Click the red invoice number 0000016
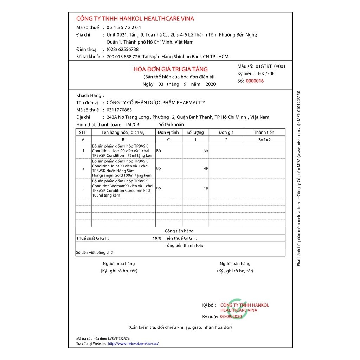coord(255,81)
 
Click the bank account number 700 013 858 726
coord(123,57)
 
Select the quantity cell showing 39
coord(206,151)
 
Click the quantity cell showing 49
coord(206,168)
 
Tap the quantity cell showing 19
coord(206,188)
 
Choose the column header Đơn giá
coord(226,132)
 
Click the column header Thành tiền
coord(264,132)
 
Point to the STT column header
coord(83,132)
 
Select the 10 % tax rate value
coord(157,238)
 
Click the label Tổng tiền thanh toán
coord(184,245)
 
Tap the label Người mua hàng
coord(118,264)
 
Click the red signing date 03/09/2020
coord(231,316)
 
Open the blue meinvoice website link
coord(136,343)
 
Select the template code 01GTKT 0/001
coord(271,66)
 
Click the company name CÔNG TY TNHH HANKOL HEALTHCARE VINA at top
coord(135,19)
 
